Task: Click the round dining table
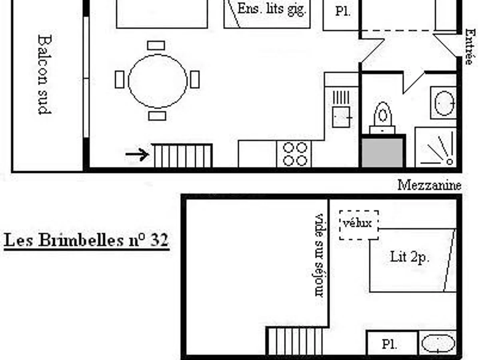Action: pyautogui.click(x=158, y=81)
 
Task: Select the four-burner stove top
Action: pyautogui.click(x=295, y=154)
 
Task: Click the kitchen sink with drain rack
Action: pyautogui.click(x=341, y=108)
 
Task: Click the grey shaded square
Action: pyautogui.click(x=382, y=152)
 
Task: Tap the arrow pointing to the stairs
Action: pyautogui.click(x=137, y=154)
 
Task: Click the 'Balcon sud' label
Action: pyautogui.click(x=45, y=74)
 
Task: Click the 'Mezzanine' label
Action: pyautogui.click(x=429, y=185)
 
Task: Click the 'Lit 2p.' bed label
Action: pyautogui.click(x=410, y=257)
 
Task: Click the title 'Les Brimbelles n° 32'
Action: pyautogui.click(x=86, y=240)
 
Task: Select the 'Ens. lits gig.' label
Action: pyautogui.click(x=272, y=9)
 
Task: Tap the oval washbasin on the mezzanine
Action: pyautogui.click(x=438, y=343)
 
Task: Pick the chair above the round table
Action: pyautogui.click(x=156, y=46)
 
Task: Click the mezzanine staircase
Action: pyautogui.click(x=295, y=341)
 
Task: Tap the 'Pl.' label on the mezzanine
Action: pyautogui.click(x=389, y=344)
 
